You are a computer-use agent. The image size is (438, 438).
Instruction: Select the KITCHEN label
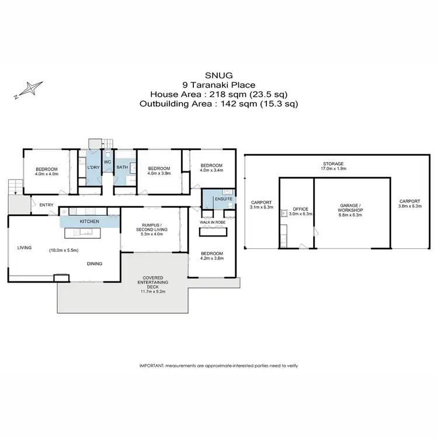click(x=89, y=222)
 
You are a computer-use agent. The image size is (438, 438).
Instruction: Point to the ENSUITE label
click(x=223, y=200)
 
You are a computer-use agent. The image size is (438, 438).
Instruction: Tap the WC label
click(x=107, y=162)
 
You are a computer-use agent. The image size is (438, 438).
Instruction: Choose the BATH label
click(x=121, y=168)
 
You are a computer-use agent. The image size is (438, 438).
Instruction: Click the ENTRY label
click(x=47, y=205)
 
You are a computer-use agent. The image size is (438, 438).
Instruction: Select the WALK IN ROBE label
click(x=213, y=223)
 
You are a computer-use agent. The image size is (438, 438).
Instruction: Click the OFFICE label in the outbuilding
click(x=301, y=208)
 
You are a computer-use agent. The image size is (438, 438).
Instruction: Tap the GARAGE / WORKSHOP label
click(x=351, y=208)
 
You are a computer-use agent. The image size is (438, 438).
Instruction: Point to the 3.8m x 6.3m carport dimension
click(x=409, y=206)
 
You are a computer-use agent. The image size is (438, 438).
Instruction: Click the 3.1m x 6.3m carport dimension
click(x=262, y=206)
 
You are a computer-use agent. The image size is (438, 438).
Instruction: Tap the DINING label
click(x=95, y=264)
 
